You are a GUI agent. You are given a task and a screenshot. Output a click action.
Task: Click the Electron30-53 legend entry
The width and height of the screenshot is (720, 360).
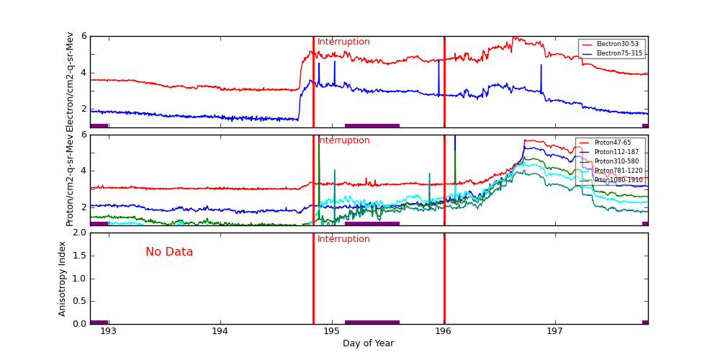pyautogui.click(x=617, y=45)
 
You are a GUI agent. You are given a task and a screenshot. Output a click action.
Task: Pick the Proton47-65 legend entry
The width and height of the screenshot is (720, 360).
pyautogui.click(x=612, y=143)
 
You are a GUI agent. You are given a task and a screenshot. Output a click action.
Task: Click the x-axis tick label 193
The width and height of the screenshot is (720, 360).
pyautogui.click(x=108, y=332)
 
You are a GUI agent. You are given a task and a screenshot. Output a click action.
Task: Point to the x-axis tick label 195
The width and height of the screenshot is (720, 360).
pyautogui.click(x=332, y=332)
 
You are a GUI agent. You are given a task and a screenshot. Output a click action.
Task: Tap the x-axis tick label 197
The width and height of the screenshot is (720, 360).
pyautogui.click(x=555, y=332)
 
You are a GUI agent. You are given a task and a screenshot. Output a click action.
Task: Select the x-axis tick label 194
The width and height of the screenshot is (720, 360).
pyautogui.click(x=220, y=332)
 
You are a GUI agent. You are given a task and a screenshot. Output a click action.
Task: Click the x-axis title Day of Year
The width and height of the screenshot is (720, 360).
pyautogui.click(x=368, y=343)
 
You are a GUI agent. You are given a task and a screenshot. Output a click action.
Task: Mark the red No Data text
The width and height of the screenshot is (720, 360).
pyautogui.click(x=169, y=252)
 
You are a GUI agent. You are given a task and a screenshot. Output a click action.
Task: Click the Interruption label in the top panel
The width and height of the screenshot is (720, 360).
pyautogui.click(x=343, y=42)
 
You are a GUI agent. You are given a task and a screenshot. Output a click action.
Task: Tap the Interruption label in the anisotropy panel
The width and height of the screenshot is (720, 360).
pyautogui.click(x=343, y=239)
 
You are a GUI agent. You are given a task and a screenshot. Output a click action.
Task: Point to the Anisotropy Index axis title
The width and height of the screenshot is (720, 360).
pyautogui.click(x=63, y=279)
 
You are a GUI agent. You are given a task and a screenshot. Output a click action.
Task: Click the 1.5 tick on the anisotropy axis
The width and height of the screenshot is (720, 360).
pyautogui.click(x=78, y=256)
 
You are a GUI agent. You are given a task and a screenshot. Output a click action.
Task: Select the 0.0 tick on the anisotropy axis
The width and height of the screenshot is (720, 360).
pyautogui.click(x=78, y=324)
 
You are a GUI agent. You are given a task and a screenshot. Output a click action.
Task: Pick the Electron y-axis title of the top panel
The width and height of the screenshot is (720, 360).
pyautogui.click(x=70, y=82)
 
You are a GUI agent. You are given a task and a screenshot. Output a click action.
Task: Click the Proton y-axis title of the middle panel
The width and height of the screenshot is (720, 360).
pyautogui.click(x=70, y=180)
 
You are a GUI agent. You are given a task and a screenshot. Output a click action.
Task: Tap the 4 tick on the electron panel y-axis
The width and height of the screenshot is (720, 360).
pyautogui.click(x=84, y=73)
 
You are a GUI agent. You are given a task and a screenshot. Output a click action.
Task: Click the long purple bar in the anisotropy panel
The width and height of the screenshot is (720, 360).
pyautogui.click(x=372, y=322)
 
